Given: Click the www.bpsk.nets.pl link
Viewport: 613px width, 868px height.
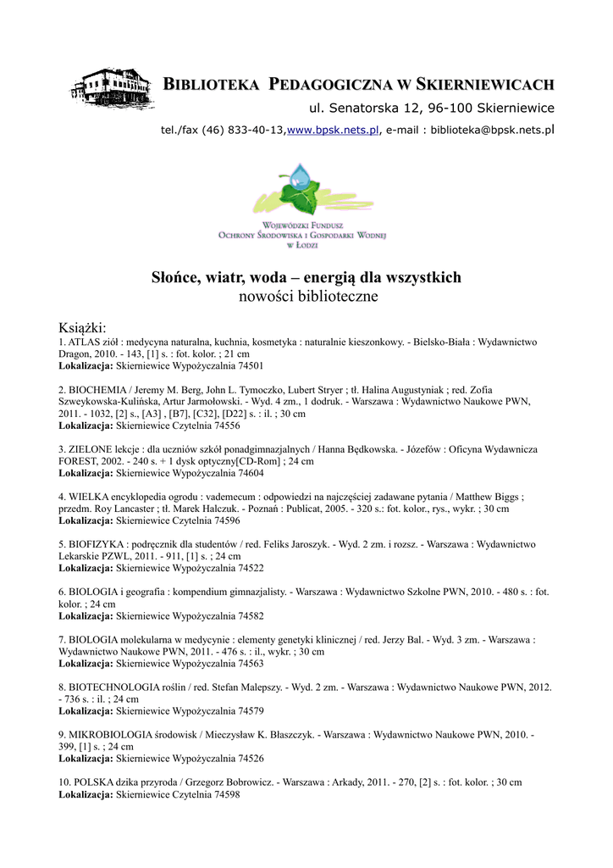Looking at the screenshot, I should [x=333, y=130].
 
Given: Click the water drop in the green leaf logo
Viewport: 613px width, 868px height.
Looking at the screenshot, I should [x=299, y=177].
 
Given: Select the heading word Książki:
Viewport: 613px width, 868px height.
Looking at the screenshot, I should [x=82, y=328].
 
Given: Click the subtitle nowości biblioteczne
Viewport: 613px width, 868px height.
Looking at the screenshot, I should [x=306, y=297].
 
